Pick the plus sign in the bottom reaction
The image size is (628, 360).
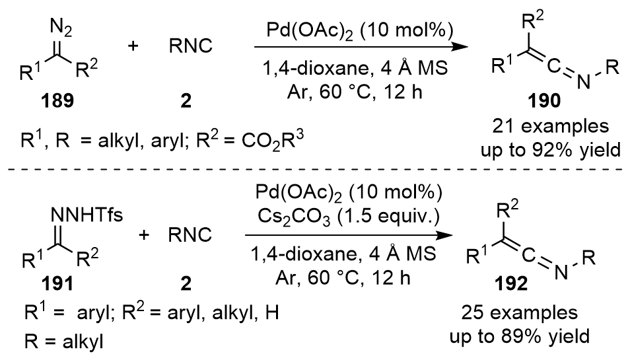[x=144, y=234]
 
